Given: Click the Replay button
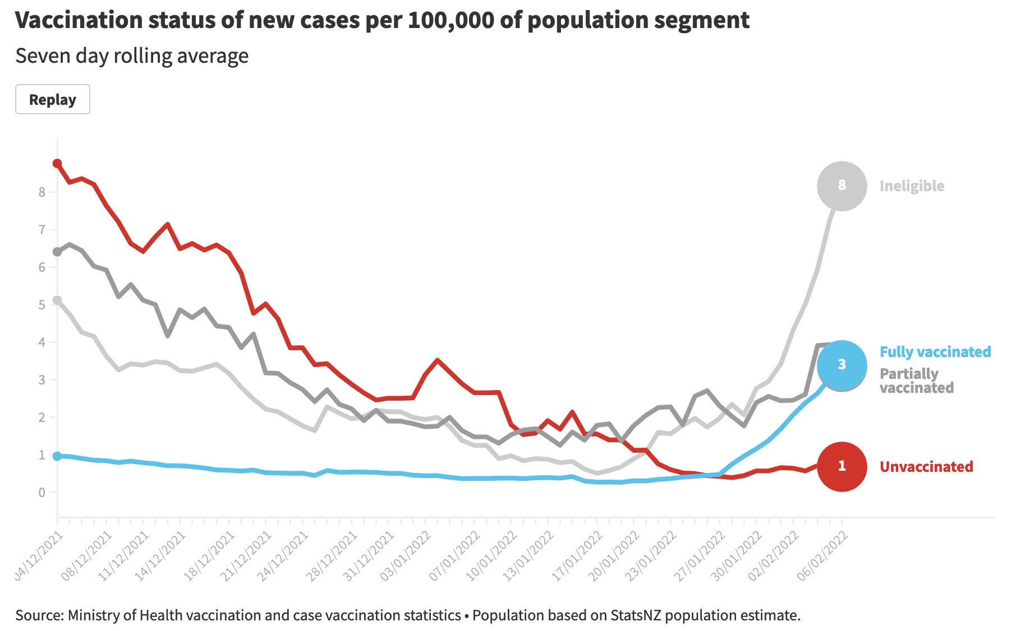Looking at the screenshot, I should (53, 100).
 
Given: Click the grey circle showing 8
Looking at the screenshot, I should (841, 185).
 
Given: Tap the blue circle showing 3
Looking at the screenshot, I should (841, 365).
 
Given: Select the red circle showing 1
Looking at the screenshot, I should (841, 466).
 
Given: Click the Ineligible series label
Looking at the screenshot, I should (912, 186).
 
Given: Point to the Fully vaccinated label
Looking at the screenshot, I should (935, 352).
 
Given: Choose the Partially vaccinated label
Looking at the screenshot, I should (917, 381).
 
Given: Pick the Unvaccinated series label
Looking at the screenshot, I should (926, 467).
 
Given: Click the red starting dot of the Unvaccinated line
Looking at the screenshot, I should (57, 164).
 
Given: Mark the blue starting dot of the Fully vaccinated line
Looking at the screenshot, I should (57, 456).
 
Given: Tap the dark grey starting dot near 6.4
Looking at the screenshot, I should (57, 252).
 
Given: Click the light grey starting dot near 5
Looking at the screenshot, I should (57, 300).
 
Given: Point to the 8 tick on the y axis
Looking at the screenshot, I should (42, 192).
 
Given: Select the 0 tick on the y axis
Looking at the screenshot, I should (42, 493).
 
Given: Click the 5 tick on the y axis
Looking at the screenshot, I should (42, 305).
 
